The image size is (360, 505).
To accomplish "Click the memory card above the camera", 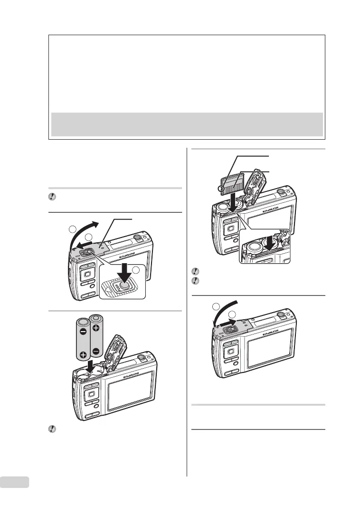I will (x=233, y=183).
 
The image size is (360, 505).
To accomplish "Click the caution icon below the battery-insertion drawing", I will (x=53, y=429).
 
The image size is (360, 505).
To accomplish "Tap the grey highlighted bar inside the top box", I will (x=187, y=124).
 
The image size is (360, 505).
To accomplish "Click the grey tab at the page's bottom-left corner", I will (x=15, y=483).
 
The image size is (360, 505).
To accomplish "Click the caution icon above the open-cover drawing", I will (x=53, y=197).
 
